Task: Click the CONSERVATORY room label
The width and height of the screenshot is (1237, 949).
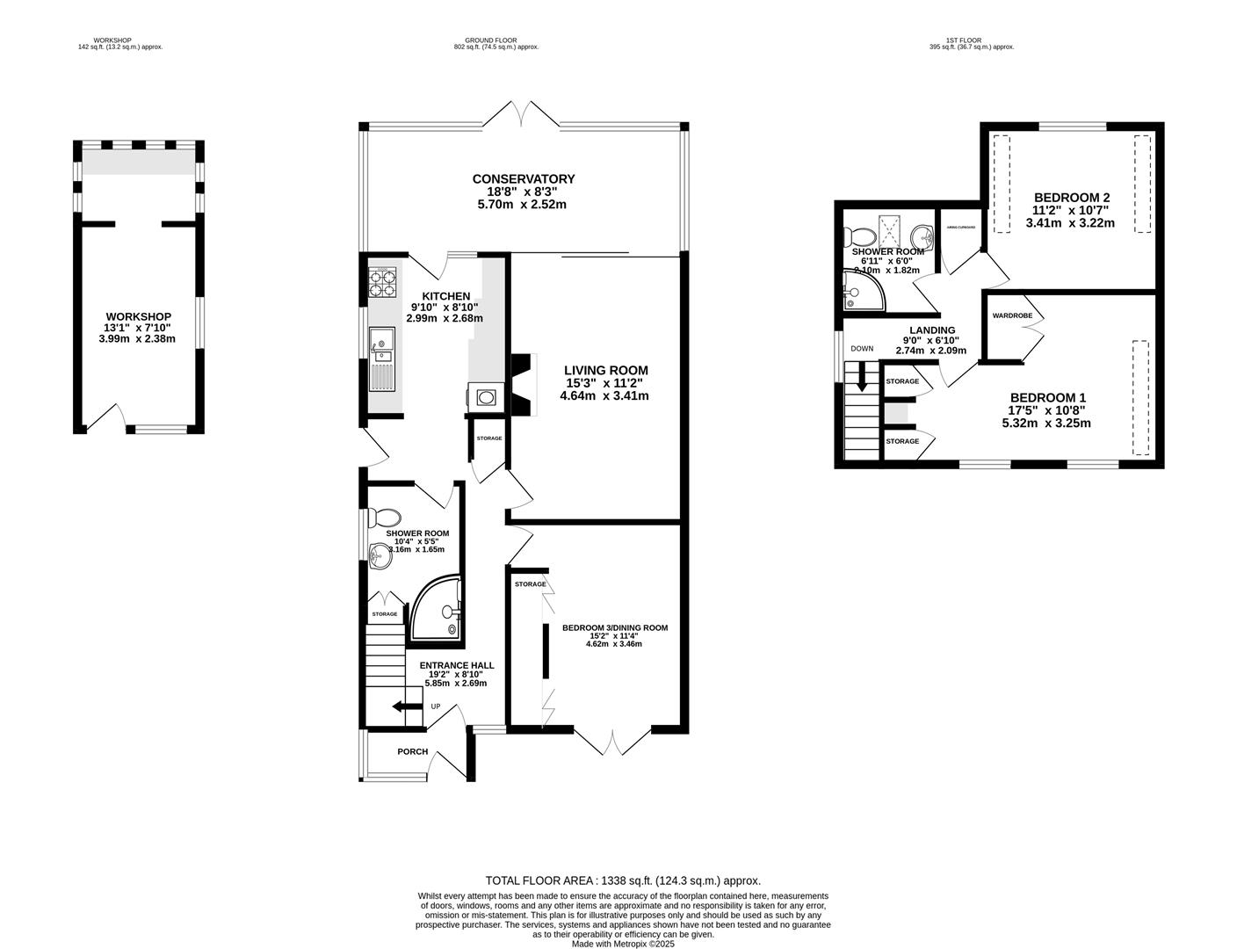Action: [x=523, y=179]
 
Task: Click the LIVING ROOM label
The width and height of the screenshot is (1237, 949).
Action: [x=605, y=370]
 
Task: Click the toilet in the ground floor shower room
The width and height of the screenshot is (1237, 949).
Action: [x=384, y=518]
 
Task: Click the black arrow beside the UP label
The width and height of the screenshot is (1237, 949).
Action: [x=406, y=706]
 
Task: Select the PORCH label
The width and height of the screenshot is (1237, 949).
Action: [x=413, y=751]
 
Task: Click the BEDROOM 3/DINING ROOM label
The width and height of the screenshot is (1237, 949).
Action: [x=615, y=627]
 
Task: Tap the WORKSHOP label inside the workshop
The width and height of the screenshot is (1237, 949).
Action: [x=138, y=316]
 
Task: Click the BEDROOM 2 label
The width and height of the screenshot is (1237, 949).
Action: [x=1070, y=197]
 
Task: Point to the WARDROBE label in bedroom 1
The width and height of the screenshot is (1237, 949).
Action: [x=1011, y=315]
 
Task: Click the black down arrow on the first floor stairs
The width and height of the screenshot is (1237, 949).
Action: [x=861, y=377]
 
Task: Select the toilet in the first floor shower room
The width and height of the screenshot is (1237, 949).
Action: [x=858, y=235]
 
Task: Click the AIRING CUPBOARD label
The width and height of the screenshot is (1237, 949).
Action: [x=960, y=227]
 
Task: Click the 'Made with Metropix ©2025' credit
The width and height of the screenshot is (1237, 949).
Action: [x=623, y=944]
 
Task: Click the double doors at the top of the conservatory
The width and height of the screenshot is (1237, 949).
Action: [x=524, y=114]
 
